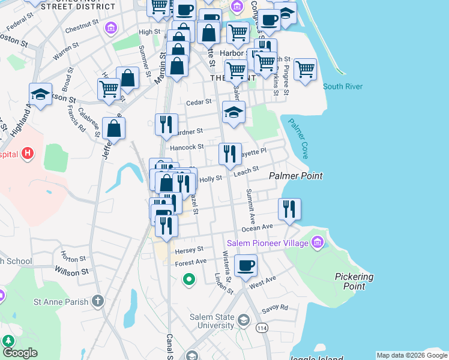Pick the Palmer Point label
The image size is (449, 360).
(x=296, y=176)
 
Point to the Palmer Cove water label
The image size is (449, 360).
(x=298, y=138)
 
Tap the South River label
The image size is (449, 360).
(x=343, y=86)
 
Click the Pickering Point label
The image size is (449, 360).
(x=355, y=281)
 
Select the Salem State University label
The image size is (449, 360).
(x=211, y=321)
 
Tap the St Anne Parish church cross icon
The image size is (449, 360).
(x=98, y=301)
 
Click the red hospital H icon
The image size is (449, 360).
(x=26, y=154)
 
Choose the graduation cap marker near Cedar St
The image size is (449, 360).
(x=234, y=112)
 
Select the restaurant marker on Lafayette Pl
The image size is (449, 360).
(x=231, y=154)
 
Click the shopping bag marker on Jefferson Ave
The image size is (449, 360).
(x=113, y=128)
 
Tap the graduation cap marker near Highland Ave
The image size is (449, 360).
(x=40, y=94)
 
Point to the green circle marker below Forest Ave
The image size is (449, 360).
(x=188, y=279)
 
